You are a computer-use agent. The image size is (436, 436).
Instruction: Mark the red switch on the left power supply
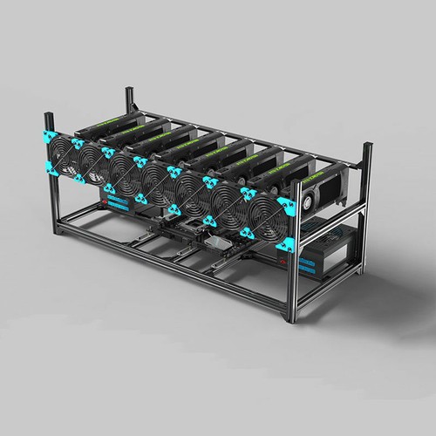tap(106, 201)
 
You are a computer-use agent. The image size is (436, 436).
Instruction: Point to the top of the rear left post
tap(128, 90)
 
